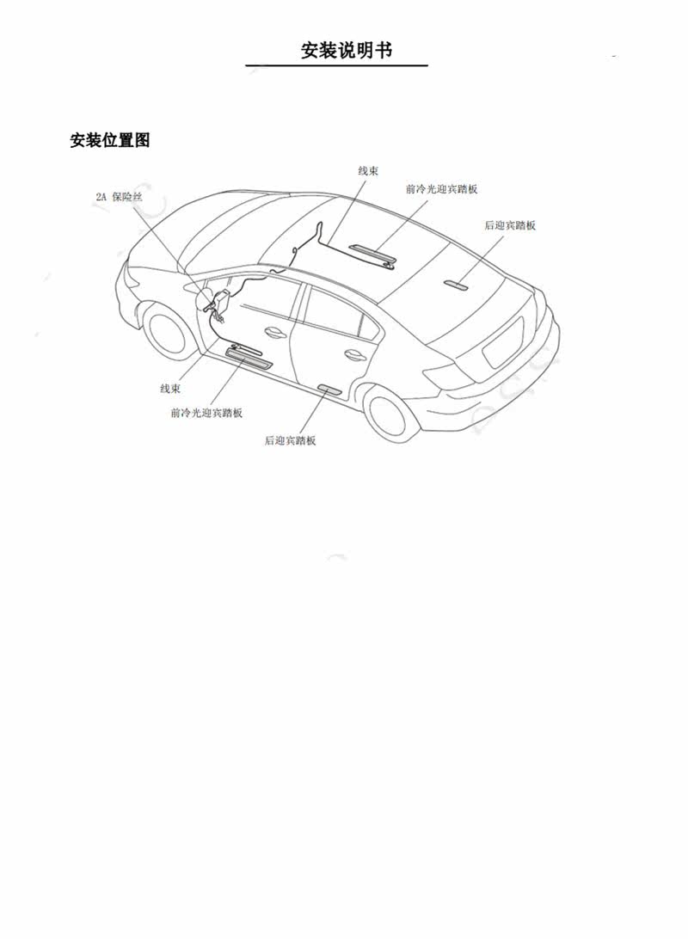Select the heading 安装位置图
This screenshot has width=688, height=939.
click(x=110, y=140)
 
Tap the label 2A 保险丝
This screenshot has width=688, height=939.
click(x=119, y=197)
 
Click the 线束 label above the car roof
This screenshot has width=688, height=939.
click(x=368, y=171)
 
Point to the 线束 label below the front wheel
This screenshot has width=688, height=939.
click(x=170, y=389)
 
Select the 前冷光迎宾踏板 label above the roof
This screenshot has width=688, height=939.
click(x=441, y=189)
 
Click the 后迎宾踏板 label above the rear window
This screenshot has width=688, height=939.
click(x=510, y=225)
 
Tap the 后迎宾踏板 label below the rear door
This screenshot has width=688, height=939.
click(x=291, y=440)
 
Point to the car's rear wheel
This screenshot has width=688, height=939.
click(x=393, y=411)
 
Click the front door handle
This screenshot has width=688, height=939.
click(x=275, y=332)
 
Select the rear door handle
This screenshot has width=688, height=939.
click(x=353, y=354)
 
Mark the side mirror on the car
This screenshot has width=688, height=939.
click(x=206, y=298)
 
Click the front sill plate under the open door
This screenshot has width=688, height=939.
click(x=249, y=356)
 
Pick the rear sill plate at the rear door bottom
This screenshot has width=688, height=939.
click(x=329, y=390)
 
